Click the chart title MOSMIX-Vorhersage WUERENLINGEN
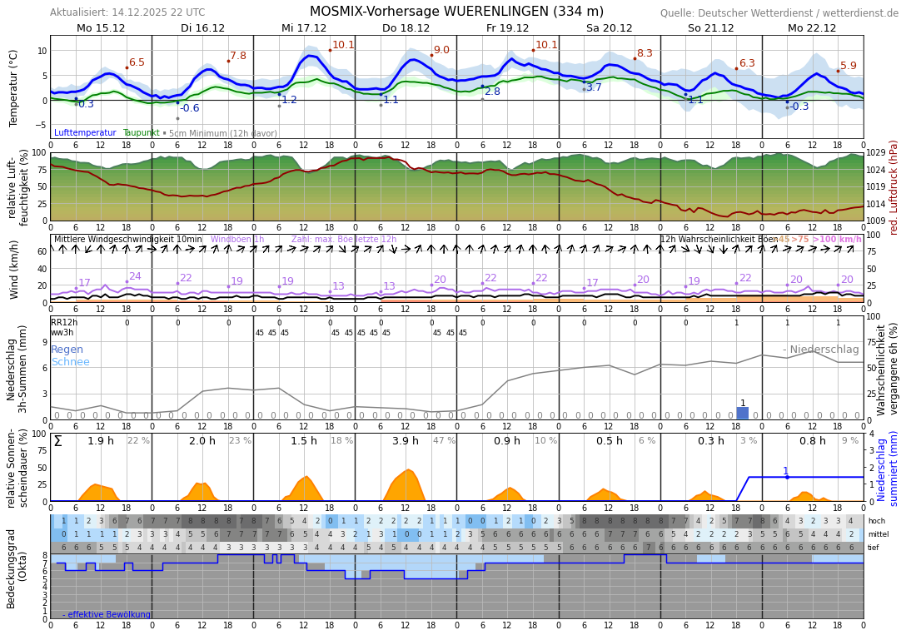456,12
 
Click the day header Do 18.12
406,28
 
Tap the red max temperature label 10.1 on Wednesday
343,45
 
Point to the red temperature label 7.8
238,56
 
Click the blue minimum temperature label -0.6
190,108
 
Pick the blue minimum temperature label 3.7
594,87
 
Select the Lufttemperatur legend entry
85,133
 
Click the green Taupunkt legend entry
141,133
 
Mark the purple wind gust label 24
135,276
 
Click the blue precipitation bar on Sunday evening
743,413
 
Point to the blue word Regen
67,350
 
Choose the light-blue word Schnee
70,362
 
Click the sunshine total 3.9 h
406,441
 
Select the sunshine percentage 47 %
444,441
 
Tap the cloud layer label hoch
877,521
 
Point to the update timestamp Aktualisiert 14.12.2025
127,12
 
